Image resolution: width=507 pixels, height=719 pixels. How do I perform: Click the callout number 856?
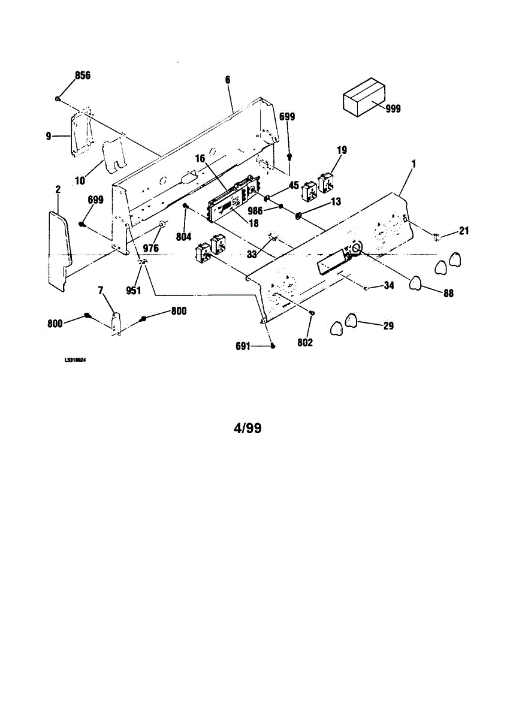tap(82, 75)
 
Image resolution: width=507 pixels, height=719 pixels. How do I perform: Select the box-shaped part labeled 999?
tap(363, 97)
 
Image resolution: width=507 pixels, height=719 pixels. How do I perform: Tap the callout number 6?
tap(228, 80)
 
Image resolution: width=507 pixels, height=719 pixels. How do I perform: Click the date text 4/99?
tap(247, 428)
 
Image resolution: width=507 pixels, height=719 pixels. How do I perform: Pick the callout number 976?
tap(150, 247)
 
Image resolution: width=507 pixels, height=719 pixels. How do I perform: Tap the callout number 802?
tap(305, 343)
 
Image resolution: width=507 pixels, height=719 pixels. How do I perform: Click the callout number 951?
tap(133, 291)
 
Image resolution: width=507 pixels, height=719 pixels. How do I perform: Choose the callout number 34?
tap(388, 286)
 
